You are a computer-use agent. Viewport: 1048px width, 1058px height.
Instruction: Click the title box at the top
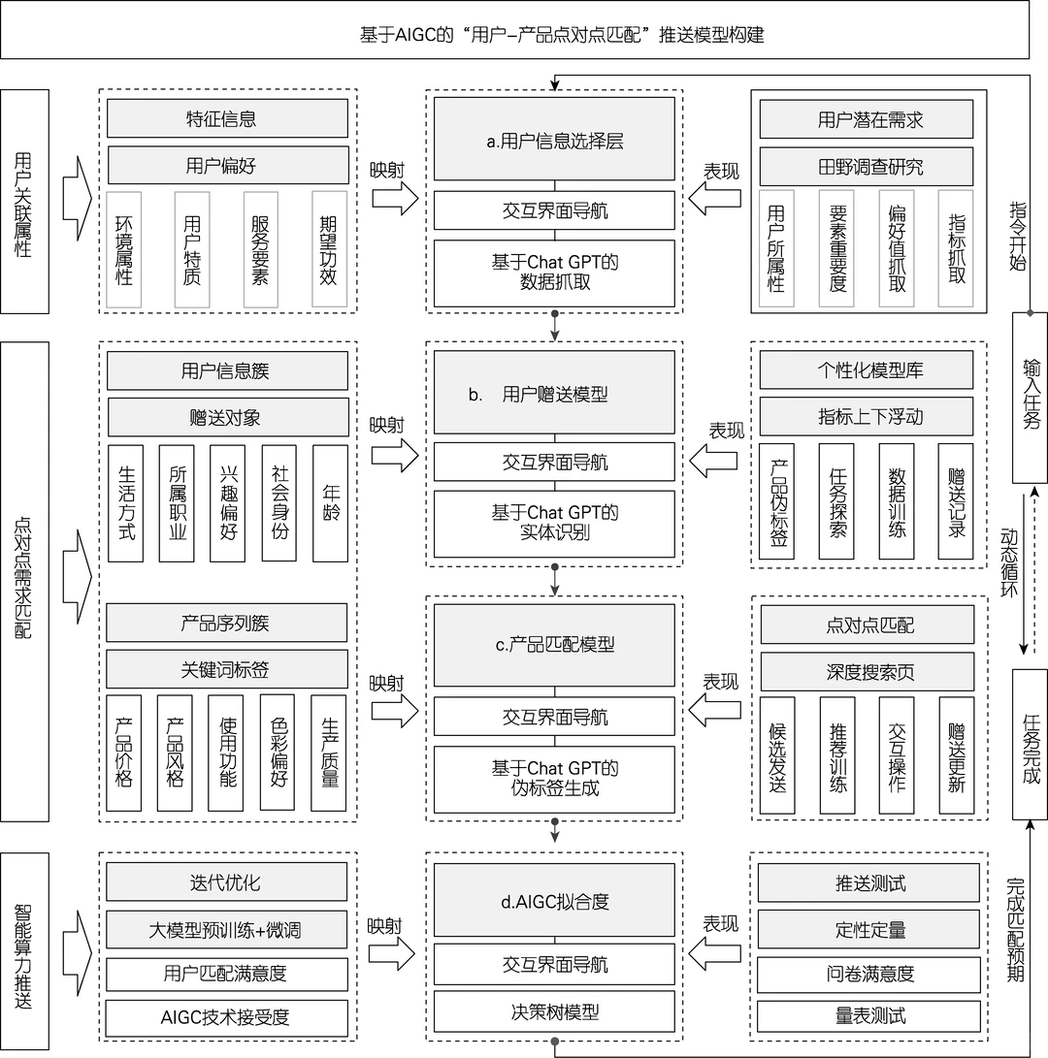pos(514,35)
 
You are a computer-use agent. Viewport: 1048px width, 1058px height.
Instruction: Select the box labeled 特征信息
pos(227,119)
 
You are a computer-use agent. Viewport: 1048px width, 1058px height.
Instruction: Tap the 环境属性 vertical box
pos(124,249)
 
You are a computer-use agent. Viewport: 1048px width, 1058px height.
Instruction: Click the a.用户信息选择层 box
pos(554,142)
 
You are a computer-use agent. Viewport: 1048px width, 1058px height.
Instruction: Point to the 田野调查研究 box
pos(866,167)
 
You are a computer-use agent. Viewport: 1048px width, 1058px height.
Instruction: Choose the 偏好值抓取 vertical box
pos(897,249)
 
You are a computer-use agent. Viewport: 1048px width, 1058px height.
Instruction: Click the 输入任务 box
pos(1030,397)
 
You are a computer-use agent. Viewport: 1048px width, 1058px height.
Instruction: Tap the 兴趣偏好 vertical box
pos(228,503)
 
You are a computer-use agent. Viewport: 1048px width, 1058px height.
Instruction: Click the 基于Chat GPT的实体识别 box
pos(554,524)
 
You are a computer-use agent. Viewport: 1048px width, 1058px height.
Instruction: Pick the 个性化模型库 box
pos(866,370)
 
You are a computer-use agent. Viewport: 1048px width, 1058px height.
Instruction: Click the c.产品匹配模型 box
pos(554,645)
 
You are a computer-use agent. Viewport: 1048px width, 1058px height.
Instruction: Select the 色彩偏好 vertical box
pos(278,753)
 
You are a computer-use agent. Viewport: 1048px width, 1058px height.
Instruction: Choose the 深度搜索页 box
pos(866,671)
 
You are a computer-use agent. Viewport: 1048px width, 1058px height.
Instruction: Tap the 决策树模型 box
pos(554,1012)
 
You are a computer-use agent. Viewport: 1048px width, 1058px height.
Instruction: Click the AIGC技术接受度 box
pos(227,1017)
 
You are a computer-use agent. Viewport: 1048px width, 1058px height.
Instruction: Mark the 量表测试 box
pos(866,1015)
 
